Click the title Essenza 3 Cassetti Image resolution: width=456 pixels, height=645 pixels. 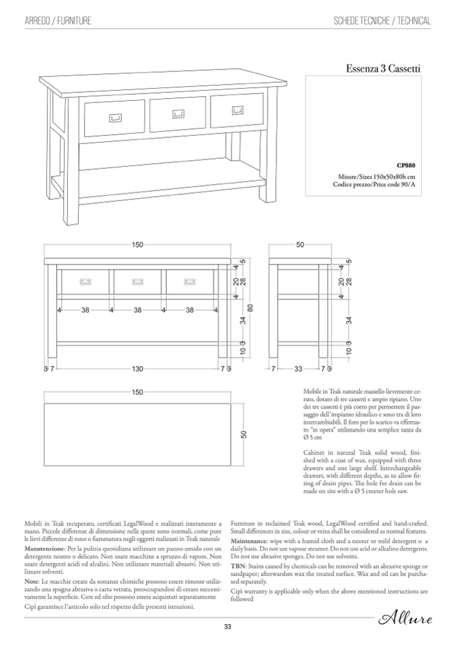(383, 68)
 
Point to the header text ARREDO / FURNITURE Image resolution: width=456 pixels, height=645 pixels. (58, 22)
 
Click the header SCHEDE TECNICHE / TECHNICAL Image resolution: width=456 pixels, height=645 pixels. (382, 22)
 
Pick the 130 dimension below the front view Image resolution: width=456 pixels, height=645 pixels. (137, 369)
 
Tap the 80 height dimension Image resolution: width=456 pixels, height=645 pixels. (250, 308)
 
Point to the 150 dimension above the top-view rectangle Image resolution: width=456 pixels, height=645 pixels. (137, 392)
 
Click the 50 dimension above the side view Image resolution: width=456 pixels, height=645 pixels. (300, 245)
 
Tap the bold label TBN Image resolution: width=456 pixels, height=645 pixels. (238, 567)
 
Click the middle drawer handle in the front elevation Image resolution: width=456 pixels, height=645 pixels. (137, 280)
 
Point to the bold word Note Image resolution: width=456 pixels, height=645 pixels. (32, 580)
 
